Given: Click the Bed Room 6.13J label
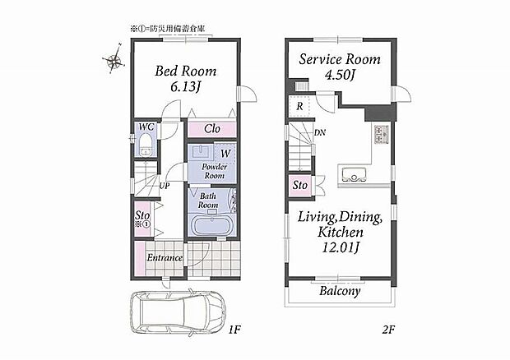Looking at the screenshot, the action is pos(185,79).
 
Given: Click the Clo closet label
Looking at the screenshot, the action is pos(212,129).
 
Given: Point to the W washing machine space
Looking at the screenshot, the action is pos(225,153).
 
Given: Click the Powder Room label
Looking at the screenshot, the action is pos(215,171).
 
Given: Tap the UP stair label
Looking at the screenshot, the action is pos(165,186).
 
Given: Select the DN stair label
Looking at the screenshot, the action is pos(320,132).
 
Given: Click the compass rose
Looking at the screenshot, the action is pos(114,59).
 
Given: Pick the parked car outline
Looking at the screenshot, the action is pos(178,312).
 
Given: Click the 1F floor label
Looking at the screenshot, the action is pos(234,330).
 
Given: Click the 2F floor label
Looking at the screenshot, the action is pos(388,330).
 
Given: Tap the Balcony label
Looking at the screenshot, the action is pos(340,291).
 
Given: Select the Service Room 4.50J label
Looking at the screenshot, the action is pos(340,67).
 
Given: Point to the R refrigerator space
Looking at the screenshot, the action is pos(300,106).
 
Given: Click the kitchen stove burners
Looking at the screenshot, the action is pos(381,134).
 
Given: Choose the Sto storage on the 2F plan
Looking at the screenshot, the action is pos(300,186).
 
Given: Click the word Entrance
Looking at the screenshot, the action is pos(165,258).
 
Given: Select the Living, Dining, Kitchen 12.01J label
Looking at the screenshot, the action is pos(341,232).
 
